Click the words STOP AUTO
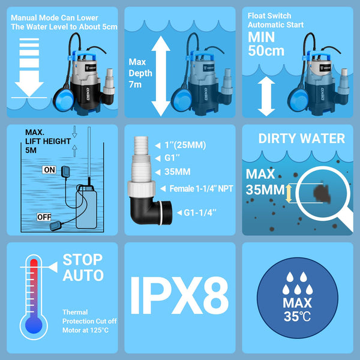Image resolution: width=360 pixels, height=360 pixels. click(x=83, y=268)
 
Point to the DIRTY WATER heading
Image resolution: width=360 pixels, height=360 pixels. click(x=301, y=139)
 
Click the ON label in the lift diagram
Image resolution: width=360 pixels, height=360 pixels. click(x=50, y=170)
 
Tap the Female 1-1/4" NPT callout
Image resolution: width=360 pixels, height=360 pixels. click(x=202, y=188)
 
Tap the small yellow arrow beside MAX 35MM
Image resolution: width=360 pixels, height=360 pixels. click(x=288, y=193)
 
